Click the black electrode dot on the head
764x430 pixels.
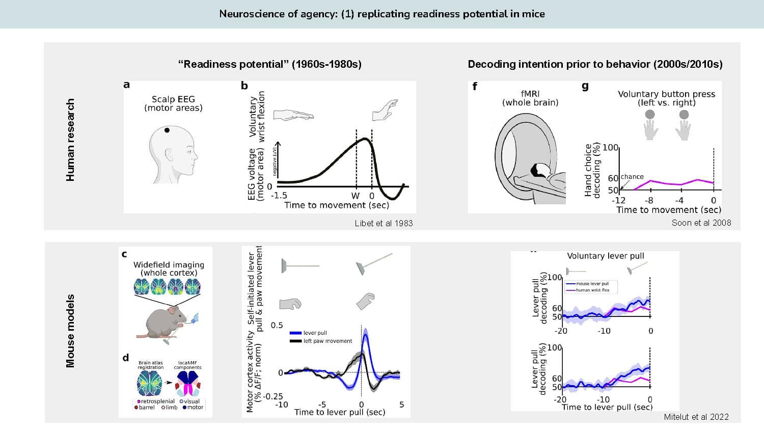167,130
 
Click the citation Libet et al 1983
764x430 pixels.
384,223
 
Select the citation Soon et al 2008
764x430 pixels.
701,223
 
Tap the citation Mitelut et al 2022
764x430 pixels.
696,417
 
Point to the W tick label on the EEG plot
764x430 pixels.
356,196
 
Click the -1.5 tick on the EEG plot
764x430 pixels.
279,196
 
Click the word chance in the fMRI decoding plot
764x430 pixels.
632,177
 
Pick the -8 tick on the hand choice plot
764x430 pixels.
649,201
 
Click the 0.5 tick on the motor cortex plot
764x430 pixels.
277,325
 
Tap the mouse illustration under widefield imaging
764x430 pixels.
166,321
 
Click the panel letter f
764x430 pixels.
475,86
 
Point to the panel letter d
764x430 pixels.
126,358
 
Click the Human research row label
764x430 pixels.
70,140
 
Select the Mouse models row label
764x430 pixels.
70,331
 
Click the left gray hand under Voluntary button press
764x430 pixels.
650,126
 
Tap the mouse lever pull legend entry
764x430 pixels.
592,284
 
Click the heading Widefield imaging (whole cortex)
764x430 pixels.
169,268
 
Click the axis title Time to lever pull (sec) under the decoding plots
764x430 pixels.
607,407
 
